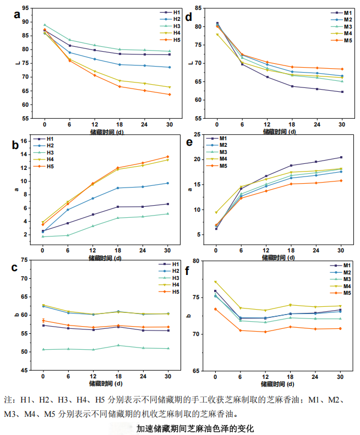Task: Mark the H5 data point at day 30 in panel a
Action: point(169,95)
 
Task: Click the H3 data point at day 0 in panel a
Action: point(45,25)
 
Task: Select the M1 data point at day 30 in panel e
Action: point(341,157)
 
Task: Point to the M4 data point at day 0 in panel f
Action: point(215,282)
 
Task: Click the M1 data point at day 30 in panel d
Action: point(342,92)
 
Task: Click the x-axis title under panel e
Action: point(279,256)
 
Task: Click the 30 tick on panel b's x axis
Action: point(167,251)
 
